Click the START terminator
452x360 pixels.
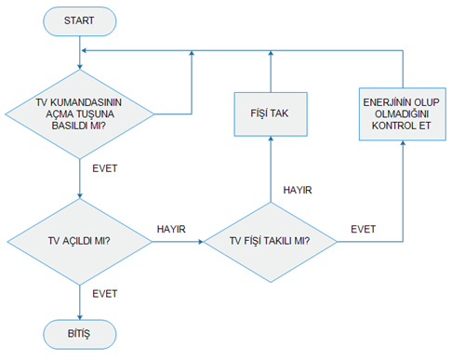tap(80, 21)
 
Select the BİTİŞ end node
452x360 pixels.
tap(80, 334)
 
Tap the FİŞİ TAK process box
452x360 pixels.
tap(271, 114)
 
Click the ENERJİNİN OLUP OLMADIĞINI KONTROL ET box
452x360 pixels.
tap(403, 114)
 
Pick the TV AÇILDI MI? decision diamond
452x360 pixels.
tap(80, 242)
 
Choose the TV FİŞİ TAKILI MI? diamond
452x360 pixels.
tap(271, 242)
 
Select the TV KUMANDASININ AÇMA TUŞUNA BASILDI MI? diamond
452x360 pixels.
tap(80, 114)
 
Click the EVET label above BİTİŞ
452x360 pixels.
tap(105, 294)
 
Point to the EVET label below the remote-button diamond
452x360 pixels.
tap(105, 168)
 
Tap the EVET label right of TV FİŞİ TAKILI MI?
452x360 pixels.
tap(364, 229)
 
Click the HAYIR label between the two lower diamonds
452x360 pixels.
tap(171, 229)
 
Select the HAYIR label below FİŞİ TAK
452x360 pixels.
tap(298, 190)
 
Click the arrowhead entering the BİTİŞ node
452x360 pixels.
tap(80, 317)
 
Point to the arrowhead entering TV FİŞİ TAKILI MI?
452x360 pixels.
tap(201, 242)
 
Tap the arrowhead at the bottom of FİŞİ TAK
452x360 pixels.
tap(271, 139)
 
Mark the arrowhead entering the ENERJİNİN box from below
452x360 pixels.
tap(403, 143)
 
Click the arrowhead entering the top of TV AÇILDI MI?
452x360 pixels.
tap(80, 196)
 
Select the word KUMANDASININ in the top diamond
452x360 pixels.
tap(86, 102)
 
